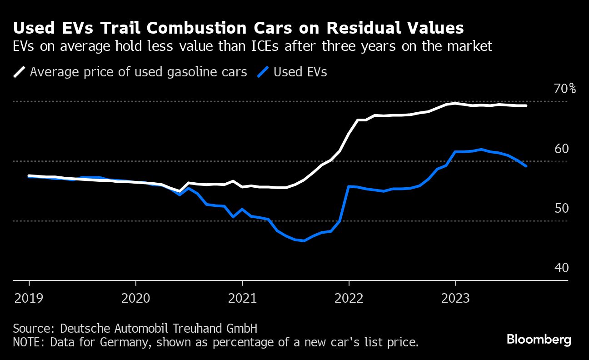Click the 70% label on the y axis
(x=564, y=89)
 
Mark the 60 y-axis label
(x=561, y=149)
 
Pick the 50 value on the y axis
(x=561, y=208)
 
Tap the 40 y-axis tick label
(x=561, y=268)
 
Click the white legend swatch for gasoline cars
(x=20, y=72)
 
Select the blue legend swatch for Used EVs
(x=263, y=72)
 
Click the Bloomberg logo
(x=539, y=339)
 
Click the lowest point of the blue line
(x=304, y=240)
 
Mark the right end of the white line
(x=526, y=106)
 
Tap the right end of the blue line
(x=526, y=166)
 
